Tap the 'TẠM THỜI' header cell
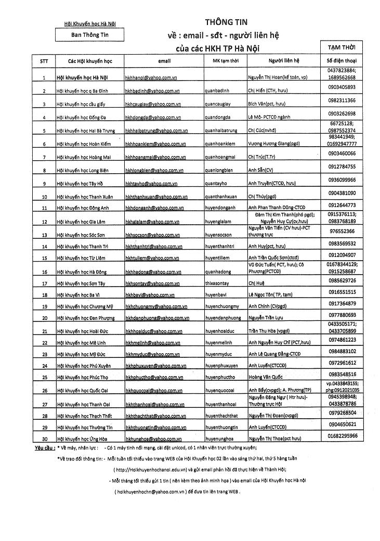[x=341, y=47]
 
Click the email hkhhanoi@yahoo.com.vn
[x=150, y=78]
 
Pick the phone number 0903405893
[x=342, y=87]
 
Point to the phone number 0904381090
[x=342, y=193]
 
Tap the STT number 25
[x=44, y=377]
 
